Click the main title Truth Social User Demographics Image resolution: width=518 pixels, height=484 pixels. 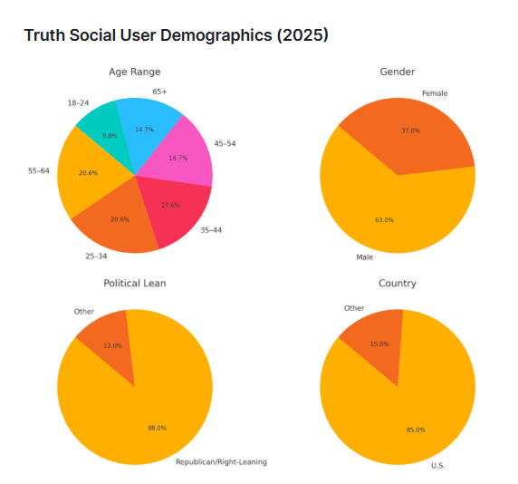[176, 35]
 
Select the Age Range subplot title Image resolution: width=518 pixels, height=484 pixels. [134, 72]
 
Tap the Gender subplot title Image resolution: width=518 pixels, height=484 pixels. [398, 72]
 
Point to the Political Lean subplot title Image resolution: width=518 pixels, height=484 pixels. [134, 284]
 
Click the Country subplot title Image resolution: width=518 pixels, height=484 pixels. [398, 284]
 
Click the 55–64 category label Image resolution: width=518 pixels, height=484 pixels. [37, 171]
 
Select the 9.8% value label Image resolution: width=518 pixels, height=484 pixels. [110, 135]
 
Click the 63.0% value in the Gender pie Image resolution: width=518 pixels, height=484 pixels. [385, 218]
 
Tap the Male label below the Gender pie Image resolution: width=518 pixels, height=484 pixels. [364, 257]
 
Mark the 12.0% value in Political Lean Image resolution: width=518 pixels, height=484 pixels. [111, 345]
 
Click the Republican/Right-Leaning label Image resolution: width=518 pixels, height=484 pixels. [221, 462]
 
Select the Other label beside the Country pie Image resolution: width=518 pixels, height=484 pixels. [354, 308]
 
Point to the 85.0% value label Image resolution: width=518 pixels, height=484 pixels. [415, 430]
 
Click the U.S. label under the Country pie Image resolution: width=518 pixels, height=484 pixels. [437, 466]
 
